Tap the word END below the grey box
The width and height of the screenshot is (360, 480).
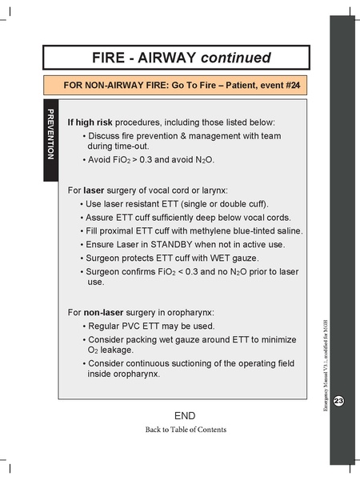click(x=185, y=415)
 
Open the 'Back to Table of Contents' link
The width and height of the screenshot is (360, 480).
click(x=185, y=430)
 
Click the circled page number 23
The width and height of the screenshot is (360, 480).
click(x=338, y=400)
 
